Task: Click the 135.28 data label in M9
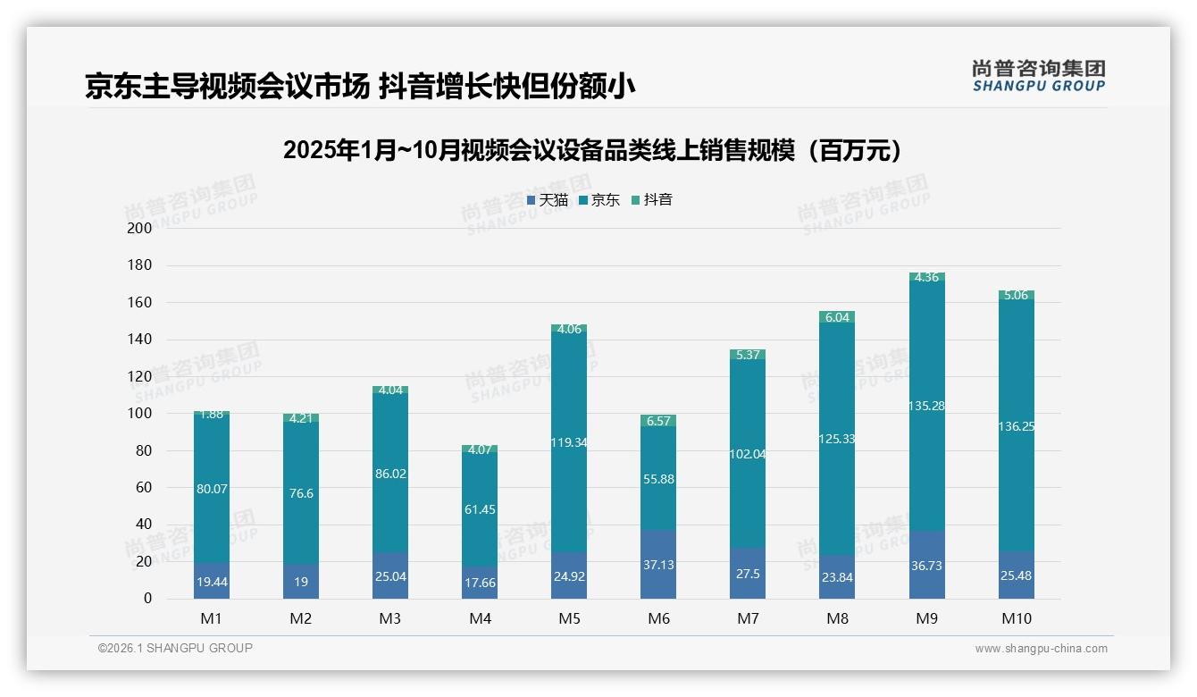(x=926, y=406)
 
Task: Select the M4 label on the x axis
(x=480, y=618)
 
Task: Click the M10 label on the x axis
(x=1016, y=618)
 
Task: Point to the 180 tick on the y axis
(x=140, y=265)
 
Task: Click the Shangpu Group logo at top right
(x=1038, y=75)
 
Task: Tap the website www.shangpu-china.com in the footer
(x=1041, y=649)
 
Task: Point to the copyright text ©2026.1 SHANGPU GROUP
(x=175, y=648)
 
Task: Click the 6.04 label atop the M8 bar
(x=837, y=317)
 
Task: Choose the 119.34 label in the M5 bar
(x=569, y=441)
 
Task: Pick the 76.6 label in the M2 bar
(x=301, y=493)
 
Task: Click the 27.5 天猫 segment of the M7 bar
(x=748, y=574)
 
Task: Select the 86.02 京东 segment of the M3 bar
(x=390, y=474)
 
